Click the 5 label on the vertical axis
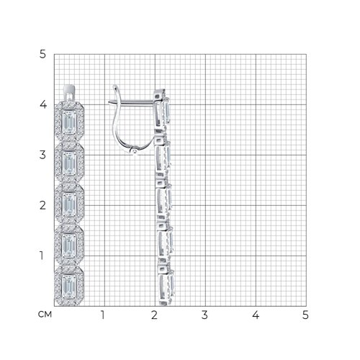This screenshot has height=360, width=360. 42,54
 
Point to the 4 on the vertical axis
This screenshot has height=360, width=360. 43,104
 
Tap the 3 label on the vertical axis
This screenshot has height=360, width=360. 42,155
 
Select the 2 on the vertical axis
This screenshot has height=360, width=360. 42,205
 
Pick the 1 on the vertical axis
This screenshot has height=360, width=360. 42,256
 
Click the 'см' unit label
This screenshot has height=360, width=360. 45,314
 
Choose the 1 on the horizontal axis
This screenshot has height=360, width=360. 103,315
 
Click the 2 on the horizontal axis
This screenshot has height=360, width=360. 154,315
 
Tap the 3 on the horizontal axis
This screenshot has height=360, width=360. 204,315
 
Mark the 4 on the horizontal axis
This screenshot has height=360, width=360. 256,315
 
